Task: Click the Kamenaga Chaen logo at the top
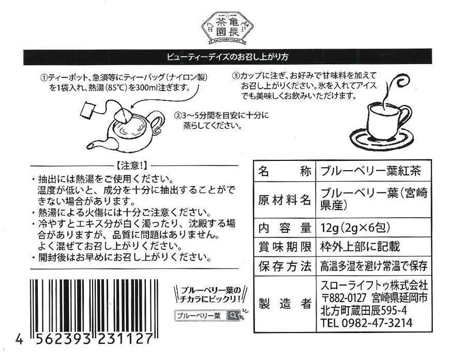[x=227, y=28]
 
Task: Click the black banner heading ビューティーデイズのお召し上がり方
[x=228, y=57]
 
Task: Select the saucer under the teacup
[x=381, y=139]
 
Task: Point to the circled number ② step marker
[x=178, y=116]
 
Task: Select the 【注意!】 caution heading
[x=132, y=166]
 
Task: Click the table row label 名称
[x=284, y=171]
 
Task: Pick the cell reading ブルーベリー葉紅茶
[x=370, y=171]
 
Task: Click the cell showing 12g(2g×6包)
[x=355, y=228]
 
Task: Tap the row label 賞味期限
[x=284, y=247]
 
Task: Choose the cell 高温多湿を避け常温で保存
[x=373, y=266]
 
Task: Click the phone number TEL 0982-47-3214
[x=366, y=323]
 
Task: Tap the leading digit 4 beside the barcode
[x=19, y=339]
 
